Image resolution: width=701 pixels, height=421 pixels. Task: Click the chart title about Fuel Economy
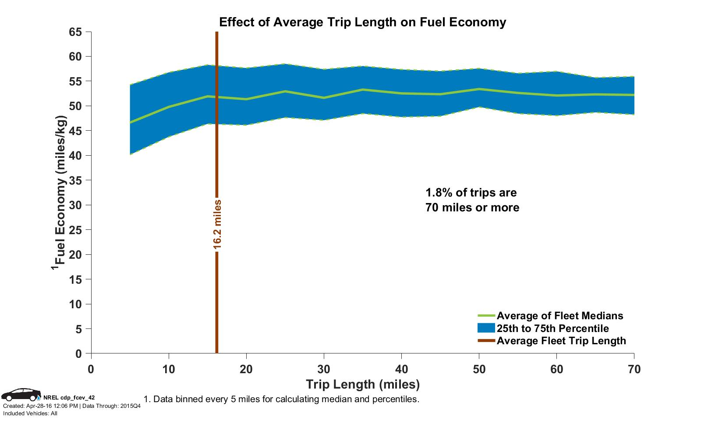362,22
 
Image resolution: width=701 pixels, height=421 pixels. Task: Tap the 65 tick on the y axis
75,32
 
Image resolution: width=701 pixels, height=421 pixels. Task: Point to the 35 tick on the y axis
75,180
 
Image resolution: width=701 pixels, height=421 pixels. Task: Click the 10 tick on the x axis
169,370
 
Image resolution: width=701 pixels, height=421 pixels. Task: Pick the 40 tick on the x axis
401,370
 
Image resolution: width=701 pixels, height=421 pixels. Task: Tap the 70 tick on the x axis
634,370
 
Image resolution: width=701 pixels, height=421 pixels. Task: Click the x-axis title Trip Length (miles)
363,385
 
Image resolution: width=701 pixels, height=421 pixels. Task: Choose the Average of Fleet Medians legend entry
559,316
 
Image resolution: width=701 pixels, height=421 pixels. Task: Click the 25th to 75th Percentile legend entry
552,328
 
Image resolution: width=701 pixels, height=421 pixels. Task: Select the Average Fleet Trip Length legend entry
561,341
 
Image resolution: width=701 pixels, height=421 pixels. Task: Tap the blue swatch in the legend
486,328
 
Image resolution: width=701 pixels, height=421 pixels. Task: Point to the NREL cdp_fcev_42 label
69,398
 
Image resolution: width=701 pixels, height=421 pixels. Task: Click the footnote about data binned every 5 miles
281,400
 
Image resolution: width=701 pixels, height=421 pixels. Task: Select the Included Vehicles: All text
30,414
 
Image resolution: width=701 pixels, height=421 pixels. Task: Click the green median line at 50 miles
479,89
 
